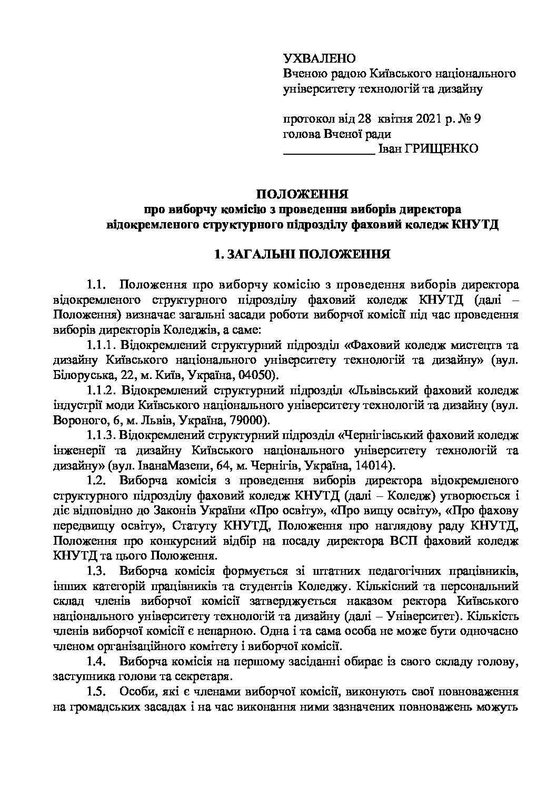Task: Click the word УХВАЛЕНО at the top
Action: click(x=320, y=58)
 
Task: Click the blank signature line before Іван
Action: click(x=329, y=151)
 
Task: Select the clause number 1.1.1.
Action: click(x=101, y=346)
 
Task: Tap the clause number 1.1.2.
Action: click(x=101, y=391)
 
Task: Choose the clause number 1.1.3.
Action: click(x=101, y=436)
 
